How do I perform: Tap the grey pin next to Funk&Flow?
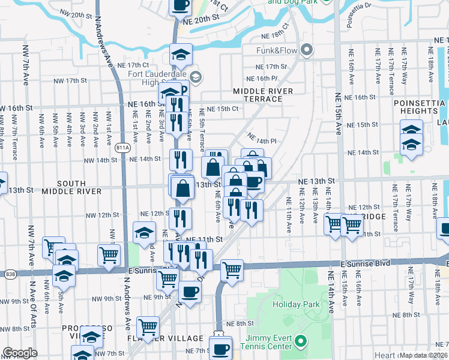coord(308,50)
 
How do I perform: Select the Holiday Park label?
coord(296,304)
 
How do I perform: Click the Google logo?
coord(20,353)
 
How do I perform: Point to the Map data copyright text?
coord(423,355)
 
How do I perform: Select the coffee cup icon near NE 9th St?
coord(190,292)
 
